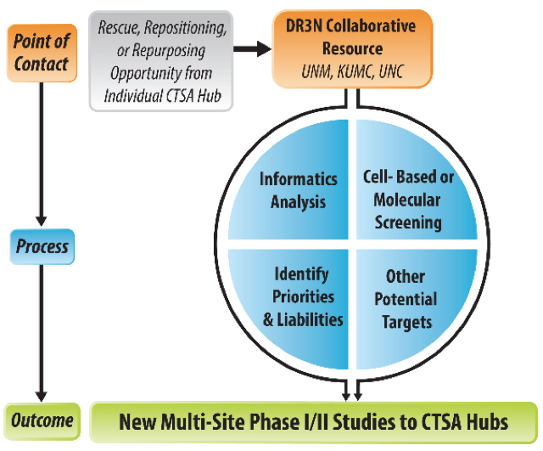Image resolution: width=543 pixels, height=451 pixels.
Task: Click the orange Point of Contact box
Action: click(x=42, y=53)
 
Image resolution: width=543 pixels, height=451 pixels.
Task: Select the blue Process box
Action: click(x=42, y=247)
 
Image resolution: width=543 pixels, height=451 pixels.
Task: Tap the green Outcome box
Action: click(x=42, y=421)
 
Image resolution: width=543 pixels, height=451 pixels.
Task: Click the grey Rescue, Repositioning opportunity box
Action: click(x=161, y=61)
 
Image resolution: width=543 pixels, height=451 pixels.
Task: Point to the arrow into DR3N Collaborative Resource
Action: click(x=252, y=48)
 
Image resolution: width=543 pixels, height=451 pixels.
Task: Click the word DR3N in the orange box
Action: click(x=304, y=26)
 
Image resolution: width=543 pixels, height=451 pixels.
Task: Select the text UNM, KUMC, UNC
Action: click(x=352, y=71)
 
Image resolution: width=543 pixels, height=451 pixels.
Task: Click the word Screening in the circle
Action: click(x=408, y=223)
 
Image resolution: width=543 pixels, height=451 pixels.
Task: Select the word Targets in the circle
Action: click(x=407, y=323)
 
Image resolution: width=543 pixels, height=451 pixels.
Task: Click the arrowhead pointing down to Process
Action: click(x=42, y=222)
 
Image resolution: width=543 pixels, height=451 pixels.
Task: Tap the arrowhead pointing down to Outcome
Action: click(x=42, y=397)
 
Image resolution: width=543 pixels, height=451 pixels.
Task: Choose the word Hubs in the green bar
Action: click(x=488, y=422)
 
